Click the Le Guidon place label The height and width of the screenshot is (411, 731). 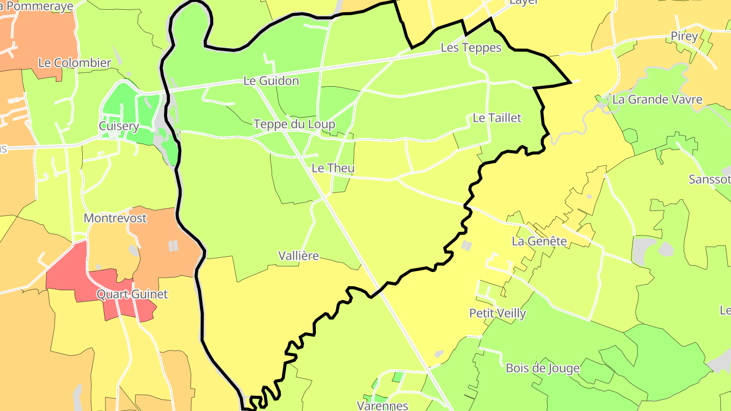[x=271, y=81]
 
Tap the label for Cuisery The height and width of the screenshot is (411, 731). [x=119, y=126]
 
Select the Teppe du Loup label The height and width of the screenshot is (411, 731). [x=294, y=124]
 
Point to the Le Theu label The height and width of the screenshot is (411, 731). [x=333, y=168]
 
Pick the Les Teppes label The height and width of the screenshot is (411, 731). [x=471, y=48]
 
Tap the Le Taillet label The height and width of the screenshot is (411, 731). [x=497, y=118]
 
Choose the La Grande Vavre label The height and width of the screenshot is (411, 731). [x=657, y=99]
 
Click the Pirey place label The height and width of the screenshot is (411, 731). [x=684, y=36]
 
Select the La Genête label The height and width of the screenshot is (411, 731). [x=539, y=241]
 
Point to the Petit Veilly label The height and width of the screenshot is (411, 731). [x=497, y=313]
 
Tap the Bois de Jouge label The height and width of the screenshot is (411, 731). [x=543, y=368]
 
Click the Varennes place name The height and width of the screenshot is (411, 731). [x=382, y=405]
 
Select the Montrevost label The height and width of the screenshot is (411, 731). [x=115, y=218]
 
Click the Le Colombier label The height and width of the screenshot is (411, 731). [x=75, y=63]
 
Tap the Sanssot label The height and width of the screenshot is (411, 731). [x=710, y=179]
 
